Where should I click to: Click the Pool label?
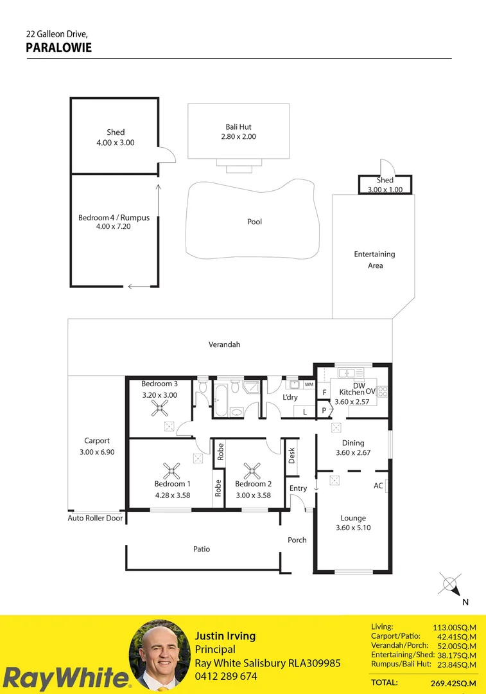tap(255, 222)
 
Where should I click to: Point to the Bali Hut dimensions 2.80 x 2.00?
tap(238, 137)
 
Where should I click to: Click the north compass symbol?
tap(451, 585)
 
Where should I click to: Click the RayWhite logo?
tap(65, 679)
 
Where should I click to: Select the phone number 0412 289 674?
tap(225, 677)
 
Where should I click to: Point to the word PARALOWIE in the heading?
tap(58, 48)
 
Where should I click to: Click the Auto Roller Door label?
tap(96, 518)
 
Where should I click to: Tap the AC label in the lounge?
tap(378, 486)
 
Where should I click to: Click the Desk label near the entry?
tap(291, 456)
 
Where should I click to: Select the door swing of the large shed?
tap(166, 155)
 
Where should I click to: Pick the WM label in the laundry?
tap(309, 384)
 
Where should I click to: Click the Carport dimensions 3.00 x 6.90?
tap(97, 452)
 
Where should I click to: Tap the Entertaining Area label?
tap(374, 260)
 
